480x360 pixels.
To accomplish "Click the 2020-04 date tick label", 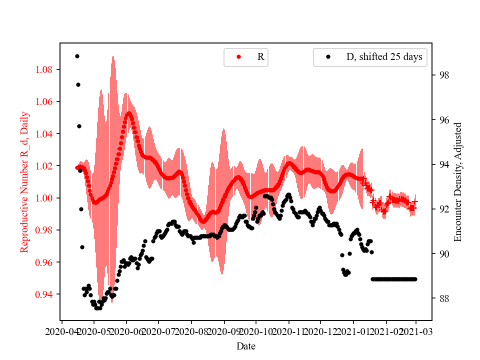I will (61, 331).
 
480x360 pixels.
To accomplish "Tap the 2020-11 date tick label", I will (288, 331).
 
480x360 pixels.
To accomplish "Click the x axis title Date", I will (246, 346).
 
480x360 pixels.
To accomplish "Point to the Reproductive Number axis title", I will (24, 182).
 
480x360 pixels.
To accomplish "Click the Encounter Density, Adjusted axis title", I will (457, 182).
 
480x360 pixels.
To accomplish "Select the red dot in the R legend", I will (238, 57).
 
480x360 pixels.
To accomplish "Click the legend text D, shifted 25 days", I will (384, 57).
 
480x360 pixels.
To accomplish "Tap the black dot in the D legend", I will (328, 57).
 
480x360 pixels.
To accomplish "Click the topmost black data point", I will (77, 56).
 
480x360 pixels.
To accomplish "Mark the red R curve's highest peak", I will (128, 113).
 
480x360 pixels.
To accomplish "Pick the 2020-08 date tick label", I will (191, 331).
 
